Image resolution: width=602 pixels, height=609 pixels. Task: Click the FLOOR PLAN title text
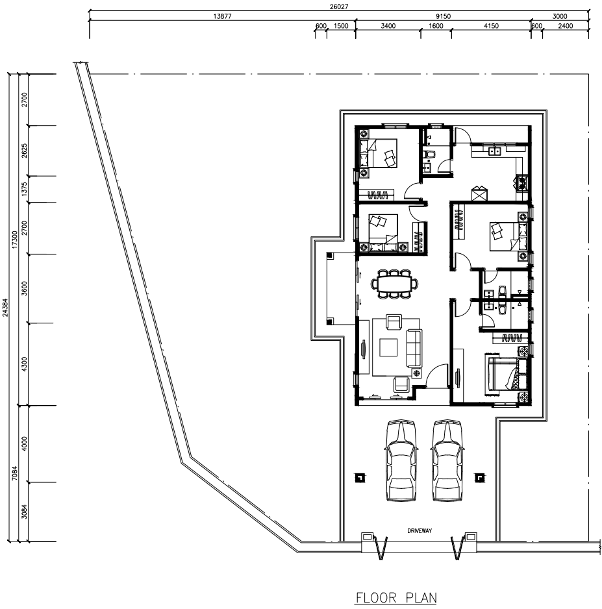coord(396,597)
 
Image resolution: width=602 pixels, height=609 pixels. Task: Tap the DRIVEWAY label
coord(420,530)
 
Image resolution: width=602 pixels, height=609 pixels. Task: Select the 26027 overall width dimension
coord(339,6)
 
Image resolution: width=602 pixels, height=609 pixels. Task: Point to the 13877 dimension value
coord(223,16)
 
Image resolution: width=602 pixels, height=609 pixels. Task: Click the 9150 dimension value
coord(443,16)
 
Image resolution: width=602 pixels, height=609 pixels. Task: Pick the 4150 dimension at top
coord(492,26)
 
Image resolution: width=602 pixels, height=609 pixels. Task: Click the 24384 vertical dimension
coord(5,307)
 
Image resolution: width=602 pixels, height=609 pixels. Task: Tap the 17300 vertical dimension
coord(15,240)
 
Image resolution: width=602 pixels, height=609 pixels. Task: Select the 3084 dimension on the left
coord(25,511)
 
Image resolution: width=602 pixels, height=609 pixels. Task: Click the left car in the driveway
coord(401,460)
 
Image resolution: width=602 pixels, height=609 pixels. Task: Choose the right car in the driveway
coord(447,460)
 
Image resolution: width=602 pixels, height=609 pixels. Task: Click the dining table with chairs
coord(395,284)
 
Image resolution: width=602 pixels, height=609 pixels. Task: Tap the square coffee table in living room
coord(388,347)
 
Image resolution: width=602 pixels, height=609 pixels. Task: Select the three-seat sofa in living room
coord(414,348)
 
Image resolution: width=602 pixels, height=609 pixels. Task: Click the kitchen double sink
coord(494,151)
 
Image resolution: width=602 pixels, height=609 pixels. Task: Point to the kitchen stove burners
coord(521,183)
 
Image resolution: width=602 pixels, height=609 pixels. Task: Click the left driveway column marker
coord(360,478)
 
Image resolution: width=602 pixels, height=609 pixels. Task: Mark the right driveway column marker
coord(480,478)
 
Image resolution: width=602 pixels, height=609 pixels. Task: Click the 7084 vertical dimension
coord(15,473)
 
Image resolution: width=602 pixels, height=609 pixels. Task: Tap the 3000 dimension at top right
coord(560,16)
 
